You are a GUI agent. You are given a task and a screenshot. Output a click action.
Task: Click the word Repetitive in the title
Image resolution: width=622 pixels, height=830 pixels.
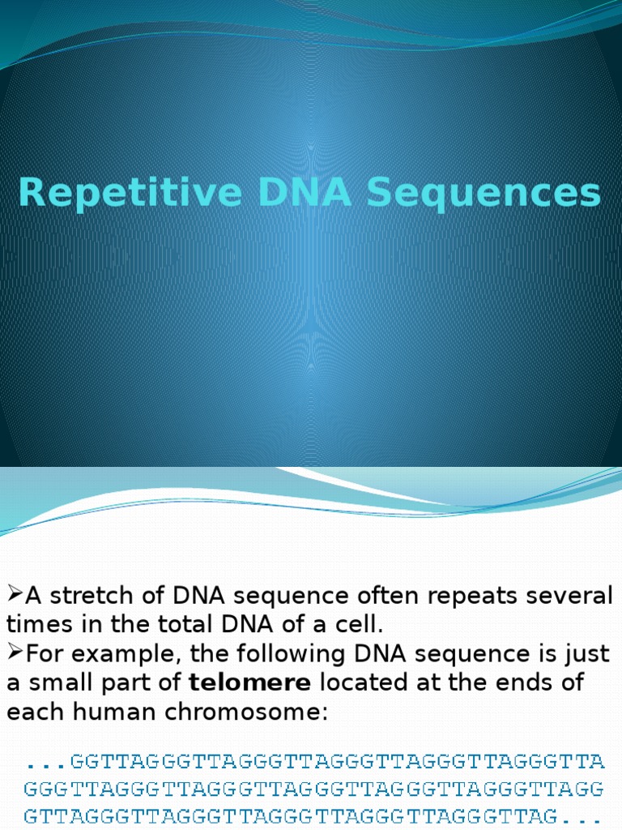[130, 193]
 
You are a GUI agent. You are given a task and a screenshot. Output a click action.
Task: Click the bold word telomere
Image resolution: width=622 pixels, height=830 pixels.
[249, 682]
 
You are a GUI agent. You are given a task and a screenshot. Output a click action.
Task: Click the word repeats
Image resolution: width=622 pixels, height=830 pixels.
[469, 597]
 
